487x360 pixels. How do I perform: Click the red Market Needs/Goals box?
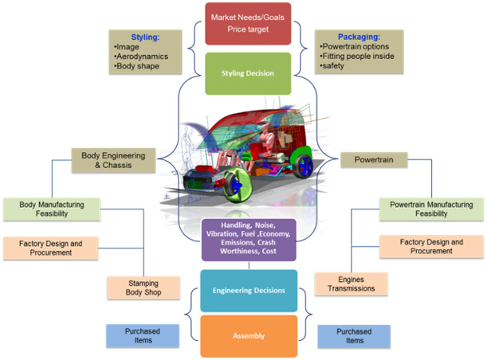click(x=248, y=24)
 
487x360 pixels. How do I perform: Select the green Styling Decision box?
click(x=248, y=73)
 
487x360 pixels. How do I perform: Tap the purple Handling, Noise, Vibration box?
click(x=249, y=240)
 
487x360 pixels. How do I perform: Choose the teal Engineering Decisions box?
click(x=249, y=291)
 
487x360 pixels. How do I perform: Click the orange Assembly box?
click(x=249, y=336)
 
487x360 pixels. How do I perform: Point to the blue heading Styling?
click(x=145, y=37)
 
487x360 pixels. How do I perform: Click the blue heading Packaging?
click(x=359, y=37)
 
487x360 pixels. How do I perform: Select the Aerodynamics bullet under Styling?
click(x=141, y=57)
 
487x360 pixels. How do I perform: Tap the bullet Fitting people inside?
click(x=357, y=57)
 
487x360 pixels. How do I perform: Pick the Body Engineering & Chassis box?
click(x=113, y=160)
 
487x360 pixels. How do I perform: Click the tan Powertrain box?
click(x=374, y=160)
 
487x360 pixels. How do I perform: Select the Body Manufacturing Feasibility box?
click(x=52, y=209)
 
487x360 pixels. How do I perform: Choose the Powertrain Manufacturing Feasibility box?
click(x=431, y=209)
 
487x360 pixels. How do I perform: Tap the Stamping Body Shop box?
click(x=143, y=288)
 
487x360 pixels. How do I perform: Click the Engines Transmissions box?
click(x=352, y=284)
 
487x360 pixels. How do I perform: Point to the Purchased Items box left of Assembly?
click(x=143, y=336)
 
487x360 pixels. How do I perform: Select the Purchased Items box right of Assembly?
click(x=354, y=336)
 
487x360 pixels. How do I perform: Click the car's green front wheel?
click(x=238, y=186)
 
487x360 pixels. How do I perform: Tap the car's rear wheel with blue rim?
click(x=304, y=166)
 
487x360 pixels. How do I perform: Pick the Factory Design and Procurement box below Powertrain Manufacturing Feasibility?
click(x=431, y=246)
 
